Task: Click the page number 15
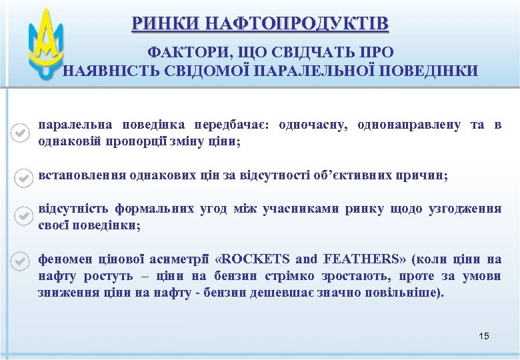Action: coord(484,336)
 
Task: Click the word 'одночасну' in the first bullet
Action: coord(312,125)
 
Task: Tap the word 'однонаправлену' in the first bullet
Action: coord(409,125)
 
